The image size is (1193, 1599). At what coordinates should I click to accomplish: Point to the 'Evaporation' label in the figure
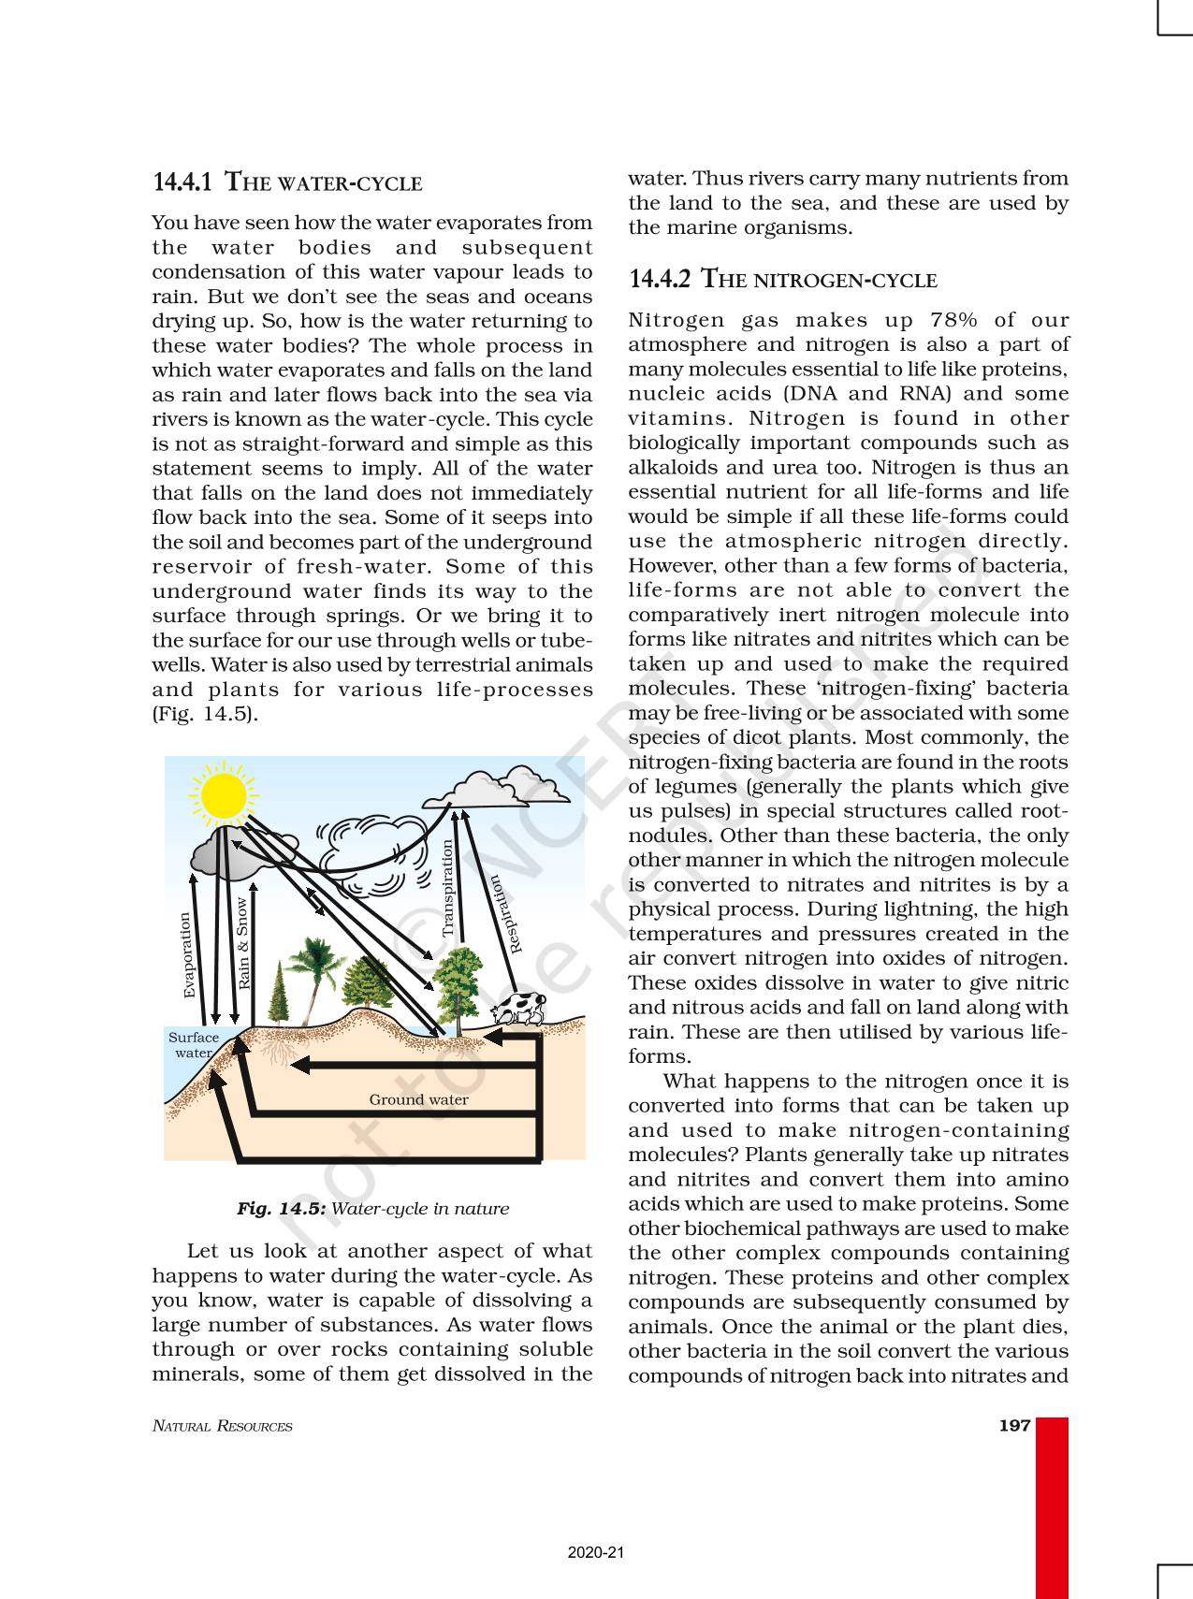(188, 954)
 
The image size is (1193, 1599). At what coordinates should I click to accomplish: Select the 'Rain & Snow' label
(243, 943)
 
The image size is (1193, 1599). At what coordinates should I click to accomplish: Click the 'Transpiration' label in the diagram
(448, 888)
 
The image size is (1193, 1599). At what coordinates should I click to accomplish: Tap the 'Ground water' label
(418, 1099)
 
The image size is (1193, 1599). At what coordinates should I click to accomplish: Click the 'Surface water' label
(194, 1044)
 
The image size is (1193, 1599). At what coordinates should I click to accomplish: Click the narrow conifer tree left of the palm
(278, 994)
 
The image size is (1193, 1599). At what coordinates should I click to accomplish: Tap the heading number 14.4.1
(182, 182)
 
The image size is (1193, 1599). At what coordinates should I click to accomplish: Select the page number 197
(1014, 1425)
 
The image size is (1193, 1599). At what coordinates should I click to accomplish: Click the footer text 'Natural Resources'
(222, 1426)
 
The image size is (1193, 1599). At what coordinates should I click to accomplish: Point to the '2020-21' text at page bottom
(595, 1552)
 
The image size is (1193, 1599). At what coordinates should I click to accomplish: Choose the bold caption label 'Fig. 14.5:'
(281, 1208)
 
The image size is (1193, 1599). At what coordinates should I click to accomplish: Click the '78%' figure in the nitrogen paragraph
(953, 320)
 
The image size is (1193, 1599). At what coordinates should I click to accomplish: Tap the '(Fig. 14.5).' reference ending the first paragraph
(205, 714)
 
